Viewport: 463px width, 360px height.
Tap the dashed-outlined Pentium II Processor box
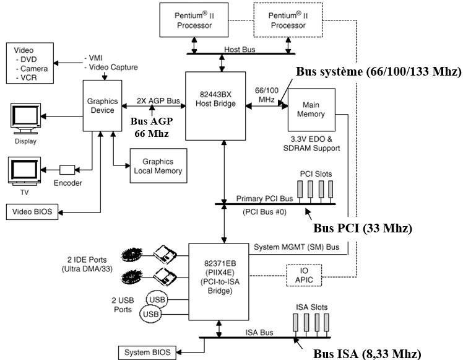[288, 20]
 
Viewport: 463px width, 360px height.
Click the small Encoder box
[67, 169]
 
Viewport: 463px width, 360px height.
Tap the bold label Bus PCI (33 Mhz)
[362, 227]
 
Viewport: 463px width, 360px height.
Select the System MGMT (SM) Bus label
[296, 247]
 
